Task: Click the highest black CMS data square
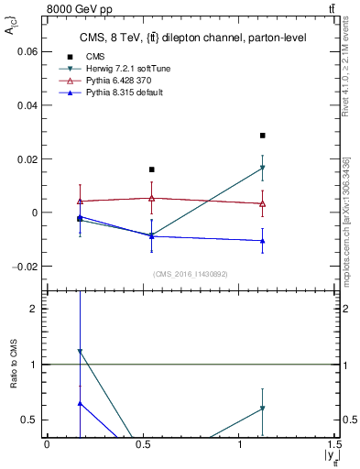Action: (x=262, y=136)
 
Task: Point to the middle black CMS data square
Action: (x=152, y=169)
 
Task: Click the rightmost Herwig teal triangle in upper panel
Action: (x=262, y=168)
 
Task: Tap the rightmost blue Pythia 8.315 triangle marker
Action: (x=262, y=241)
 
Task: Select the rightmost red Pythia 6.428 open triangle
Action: (x=262, y=203)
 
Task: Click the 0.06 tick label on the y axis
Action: (x=27, y=51)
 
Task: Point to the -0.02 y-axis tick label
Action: (x=25, y=266)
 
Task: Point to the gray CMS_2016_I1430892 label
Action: (x=191, y=274)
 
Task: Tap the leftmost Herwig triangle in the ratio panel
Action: (x=81, y=352)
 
